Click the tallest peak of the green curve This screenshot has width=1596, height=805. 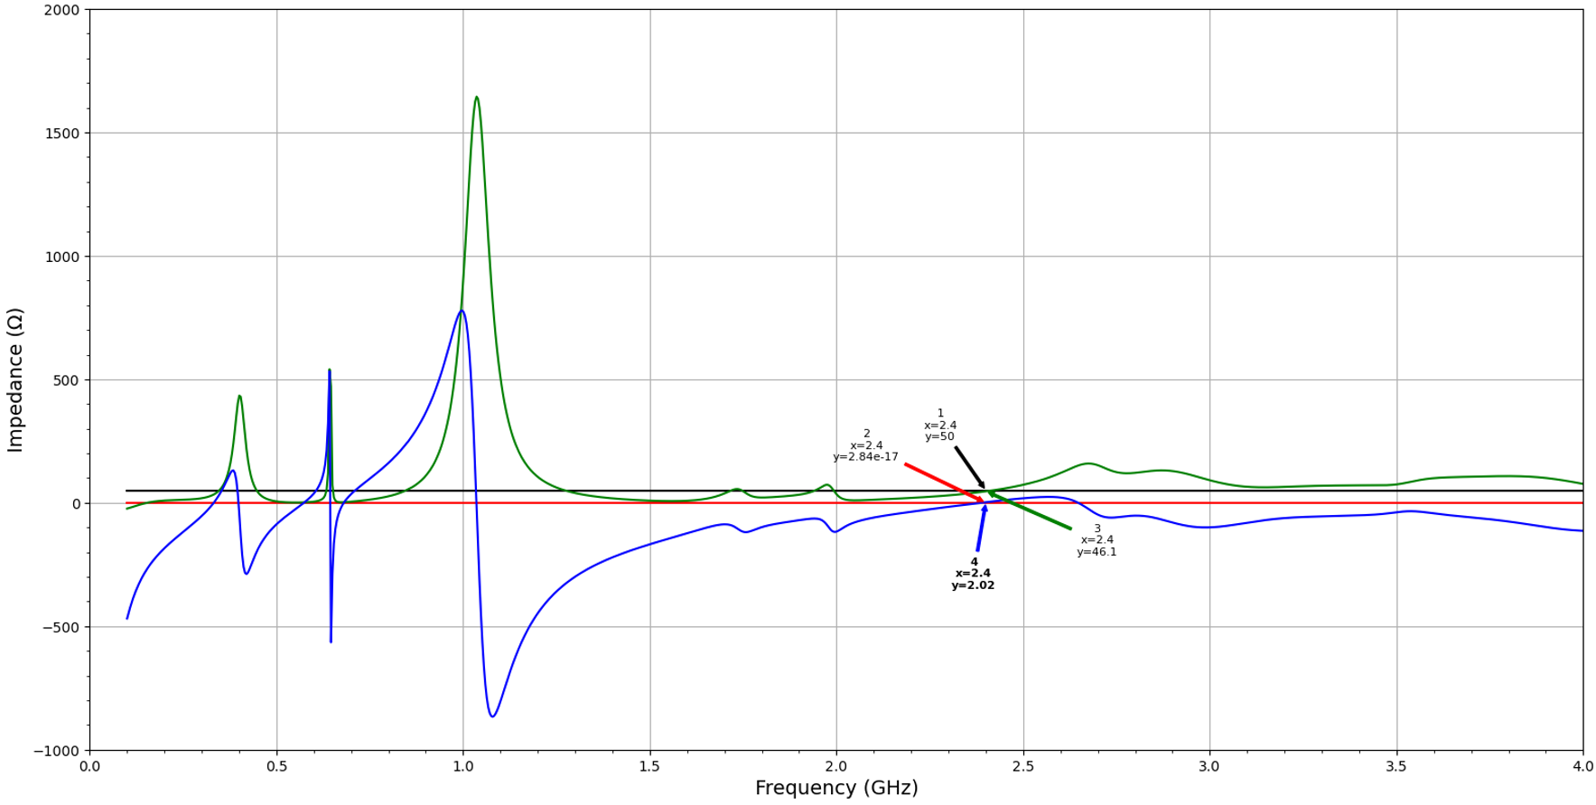pyautogui.click(x=476, y=98)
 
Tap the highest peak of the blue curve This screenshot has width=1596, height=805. pyautogui.click(x=462, y=312)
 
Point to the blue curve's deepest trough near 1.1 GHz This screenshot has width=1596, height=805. pyautogui.click(x=492, y=716)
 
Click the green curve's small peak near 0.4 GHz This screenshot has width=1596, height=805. pyautogui.click(x=239, y=397)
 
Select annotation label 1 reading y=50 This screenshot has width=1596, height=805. pyautogui.click(x=939, y=426)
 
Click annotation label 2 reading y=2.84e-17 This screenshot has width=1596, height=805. pyautogui.click(x=865, y=445)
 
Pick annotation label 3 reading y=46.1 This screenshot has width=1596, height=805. pyautogui.click(x=1097, y=540)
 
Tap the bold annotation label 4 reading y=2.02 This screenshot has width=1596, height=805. pyautogui.click(x=973, y=574)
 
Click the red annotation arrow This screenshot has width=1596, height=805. pyautogui.click(x=943, y=482)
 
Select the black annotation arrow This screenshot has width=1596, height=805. pyautogui.click(x=969, y=466)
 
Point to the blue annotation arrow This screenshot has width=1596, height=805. pyautogui.click(x=980, y=529)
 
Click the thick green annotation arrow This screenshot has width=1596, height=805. pyautogui.click(x=1030, y=511)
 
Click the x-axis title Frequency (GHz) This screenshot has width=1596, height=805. pyautogui.click(x=835, y=788)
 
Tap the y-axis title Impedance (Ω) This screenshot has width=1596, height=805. pyautogui.click(x=15, y=379)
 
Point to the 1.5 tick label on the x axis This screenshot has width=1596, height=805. pyautogui.click(x=649, y=766)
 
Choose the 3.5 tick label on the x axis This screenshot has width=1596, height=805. pyautogui.click(x=1396, y=766)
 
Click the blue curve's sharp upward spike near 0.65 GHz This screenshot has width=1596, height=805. pyautogui.click(x=330, y=371)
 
